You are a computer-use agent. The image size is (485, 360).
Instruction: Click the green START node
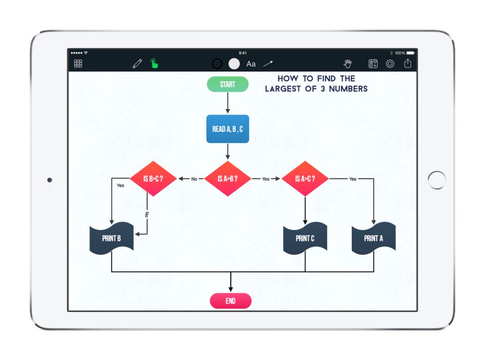228,84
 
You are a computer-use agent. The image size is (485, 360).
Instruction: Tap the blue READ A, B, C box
228,129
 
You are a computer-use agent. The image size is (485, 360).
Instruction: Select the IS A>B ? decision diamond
228,179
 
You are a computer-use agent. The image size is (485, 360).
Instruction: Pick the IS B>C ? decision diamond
153,179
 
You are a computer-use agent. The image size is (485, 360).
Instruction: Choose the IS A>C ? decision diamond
305,179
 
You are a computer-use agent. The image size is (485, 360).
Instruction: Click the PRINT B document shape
112,238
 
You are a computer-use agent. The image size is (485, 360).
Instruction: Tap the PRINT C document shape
305,238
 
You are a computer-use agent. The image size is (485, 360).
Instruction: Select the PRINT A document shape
373,238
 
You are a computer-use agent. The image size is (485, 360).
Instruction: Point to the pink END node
230,301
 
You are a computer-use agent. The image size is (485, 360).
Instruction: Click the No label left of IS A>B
194,179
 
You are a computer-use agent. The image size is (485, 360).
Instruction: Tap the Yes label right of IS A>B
265,179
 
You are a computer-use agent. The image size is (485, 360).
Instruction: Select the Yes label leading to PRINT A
353,179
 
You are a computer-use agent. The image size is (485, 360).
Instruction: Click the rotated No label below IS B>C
146,215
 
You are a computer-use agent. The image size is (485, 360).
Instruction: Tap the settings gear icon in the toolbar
390,64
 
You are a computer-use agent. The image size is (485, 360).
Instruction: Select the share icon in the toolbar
407,63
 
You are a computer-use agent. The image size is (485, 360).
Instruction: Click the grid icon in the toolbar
78,64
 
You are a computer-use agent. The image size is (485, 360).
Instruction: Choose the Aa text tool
251,64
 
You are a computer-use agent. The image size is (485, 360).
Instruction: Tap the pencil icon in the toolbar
137,64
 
